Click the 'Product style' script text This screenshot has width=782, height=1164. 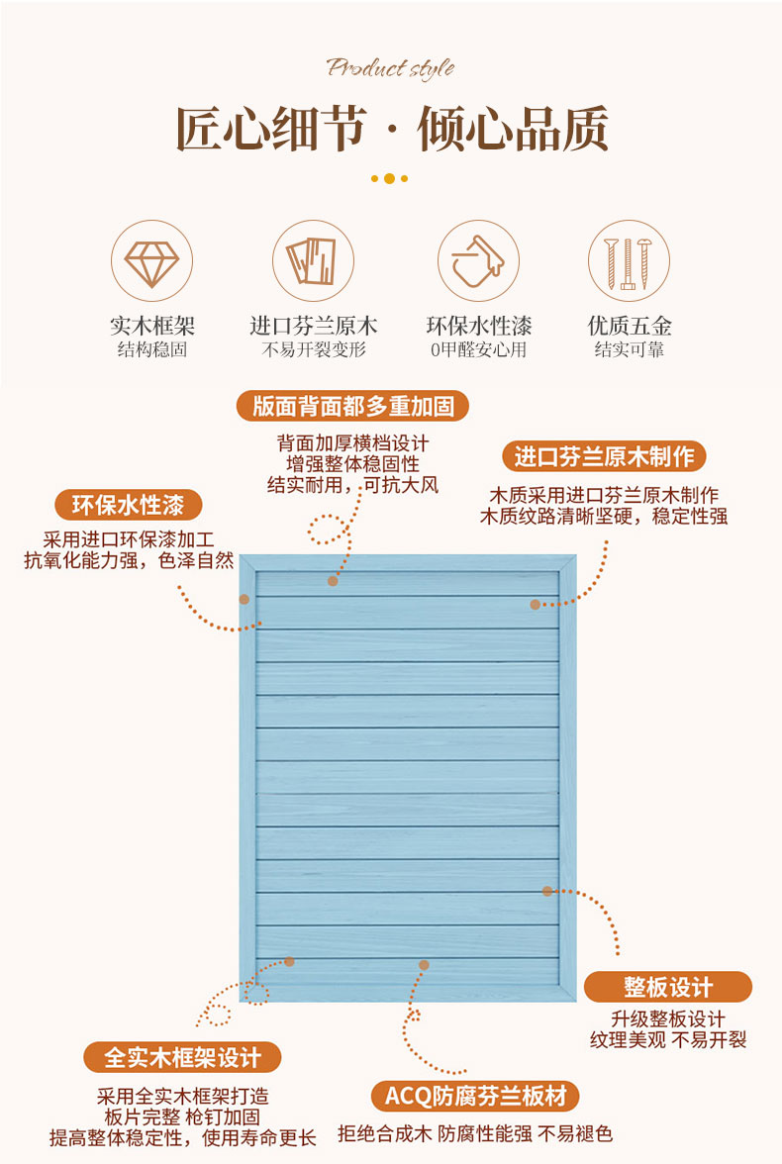(391, 67)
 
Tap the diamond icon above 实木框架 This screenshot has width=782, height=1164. (150, 261)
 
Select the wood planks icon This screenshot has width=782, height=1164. (313, 261)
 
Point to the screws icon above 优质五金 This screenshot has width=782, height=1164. (629, 261)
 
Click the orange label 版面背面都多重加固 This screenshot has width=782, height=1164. (353, 406)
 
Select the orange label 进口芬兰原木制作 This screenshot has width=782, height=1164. (604, 456)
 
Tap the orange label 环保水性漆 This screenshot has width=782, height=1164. (128, 505)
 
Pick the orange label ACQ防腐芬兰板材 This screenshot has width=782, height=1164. (475, 1097)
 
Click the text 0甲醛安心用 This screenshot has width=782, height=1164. (478, 349)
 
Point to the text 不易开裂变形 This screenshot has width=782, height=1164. (313, 349)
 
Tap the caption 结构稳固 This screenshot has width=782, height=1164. (151, 349)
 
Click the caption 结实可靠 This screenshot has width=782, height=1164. (629, 349)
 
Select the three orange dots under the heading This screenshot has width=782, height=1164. (389, 179)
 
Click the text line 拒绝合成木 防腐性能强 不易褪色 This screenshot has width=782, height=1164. (475, 1133)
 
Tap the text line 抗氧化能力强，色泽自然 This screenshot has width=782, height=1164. (129, 561)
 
